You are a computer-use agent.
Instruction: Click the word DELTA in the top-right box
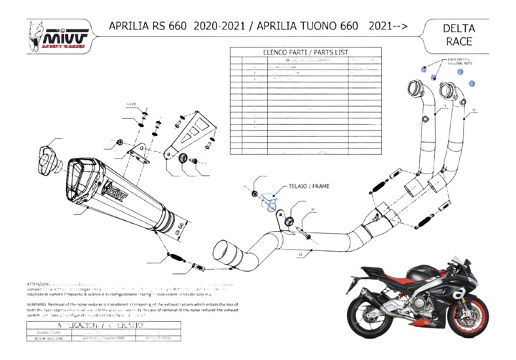point(465,29)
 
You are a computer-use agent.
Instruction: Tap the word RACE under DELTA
point(465,42)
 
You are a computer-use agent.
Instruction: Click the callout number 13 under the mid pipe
point(300,254)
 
